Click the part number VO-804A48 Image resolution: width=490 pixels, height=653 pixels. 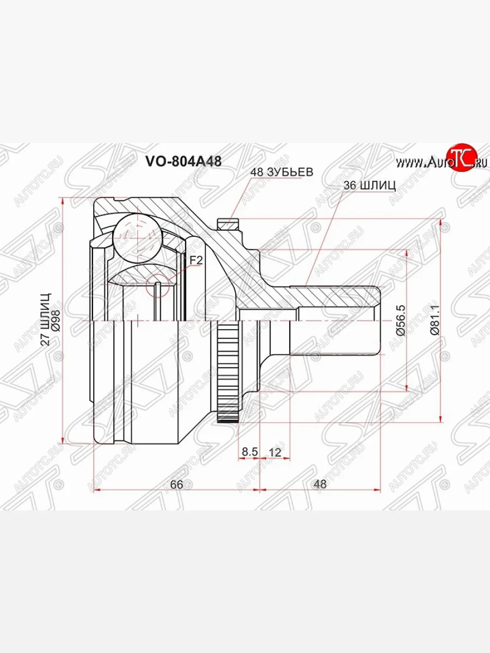pyautogui.click(x=183, y=161)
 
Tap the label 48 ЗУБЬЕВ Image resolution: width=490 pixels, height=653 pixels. pyautogui.click(x=281, y=172)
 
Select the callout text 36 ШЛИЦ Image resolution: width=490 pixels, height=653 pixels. pyautogui.click(x=370, y=185)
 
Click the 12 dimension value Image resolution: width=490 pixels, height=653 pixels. pyautogui.click(x=274, y=451)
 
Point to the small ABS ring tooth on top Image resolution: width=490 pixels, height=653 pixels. pyautogui.click(x=228, y=224)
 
